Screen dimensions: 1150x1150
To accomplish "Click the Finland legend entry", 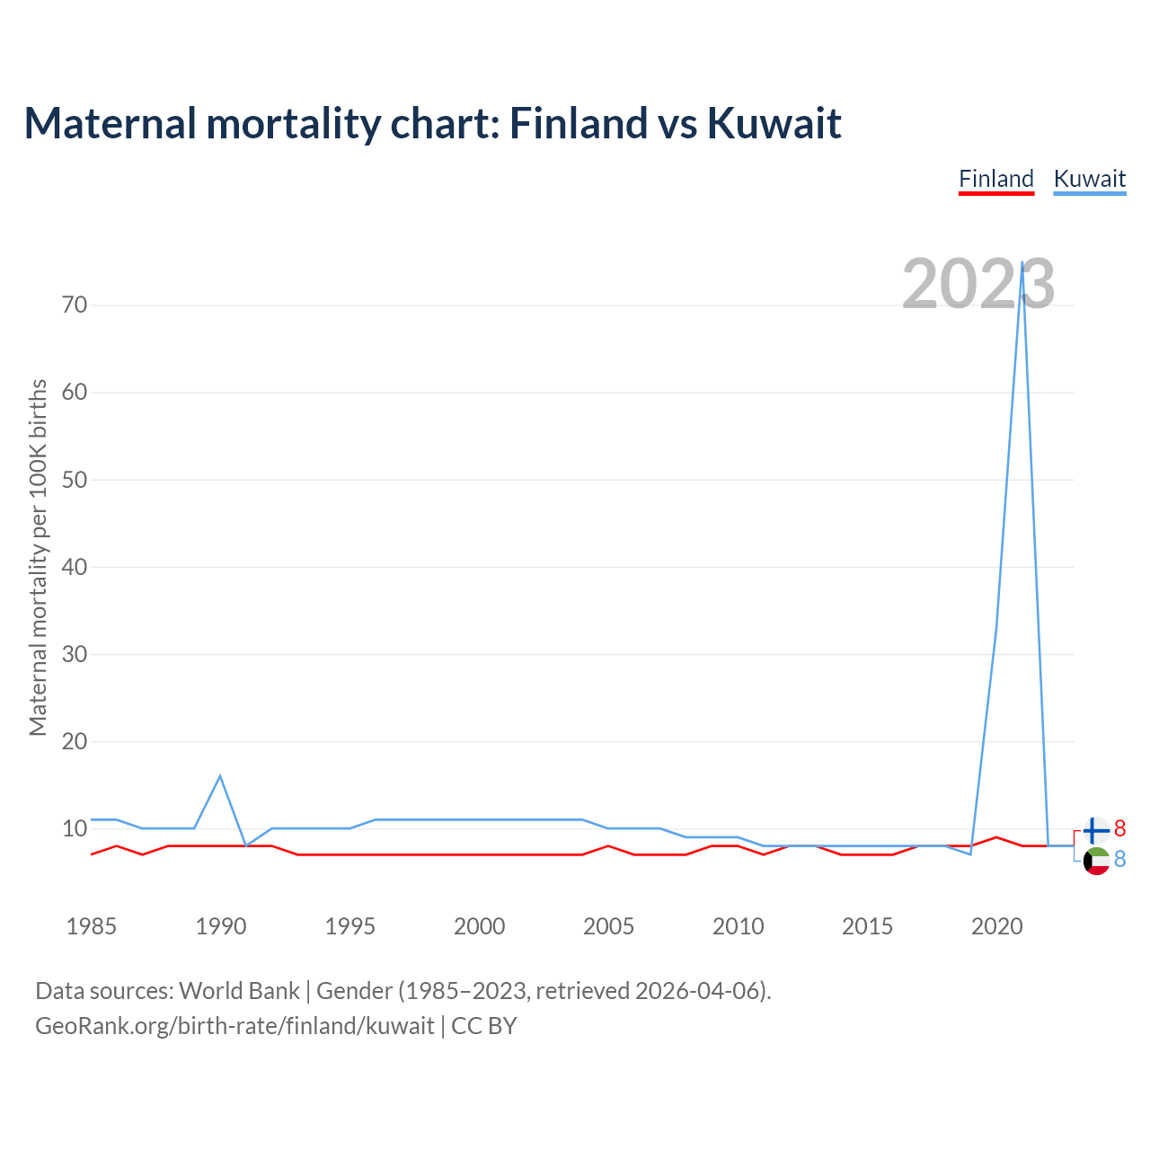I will [x=996, y=179].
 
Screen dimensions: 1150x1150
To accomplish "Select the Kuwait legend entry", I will [x=1089, y=179].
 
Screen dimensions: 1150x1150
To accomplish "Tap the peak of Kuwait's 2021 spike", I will [x=1022, y=262].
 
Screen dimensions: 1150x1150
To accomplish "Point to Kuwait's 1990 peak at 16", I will [x=220, y=776].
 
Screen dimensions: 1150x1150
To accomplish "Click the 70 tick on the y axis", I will [x=75, y=305].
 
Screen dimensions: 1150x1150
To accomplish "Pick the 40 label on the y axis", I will [x=75, y=567].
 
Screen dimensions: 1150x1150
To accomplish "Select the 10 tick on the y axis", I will [x=75, y=828].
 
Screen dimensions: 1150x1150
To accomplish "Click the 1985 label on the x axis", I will [x=92, y=926].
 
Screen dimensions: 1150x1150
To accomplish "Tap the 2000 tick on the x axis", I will [x=479, y=926].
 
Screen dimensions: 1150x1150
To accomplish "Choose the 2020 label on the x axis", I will [x=996, y=926].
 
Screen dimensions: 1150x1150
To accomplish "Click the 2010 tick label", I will [x=738, y=926].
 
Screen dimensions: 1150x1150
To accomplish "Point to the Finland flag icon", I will [x=1096, y=829].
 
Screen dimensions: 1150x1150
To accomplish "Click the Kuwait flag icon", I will [x=1096, y=861].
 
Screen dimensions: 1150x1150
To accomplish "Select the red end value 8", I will [x=1119, y=828].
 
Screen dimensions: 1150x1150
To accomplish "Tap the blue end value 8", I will [x=1119, y=860].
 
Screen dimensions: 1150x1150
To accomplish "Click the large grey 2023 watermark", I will [x=977, y=284].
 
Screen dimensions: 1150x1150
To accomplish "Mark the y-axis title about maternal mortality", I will [x=38, y=557].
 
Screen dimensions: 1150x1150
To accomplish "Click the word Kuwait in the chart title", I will [x=774, y=123].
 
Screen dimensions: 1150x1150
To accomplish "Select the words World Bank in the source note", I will [x=239, y=991].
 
